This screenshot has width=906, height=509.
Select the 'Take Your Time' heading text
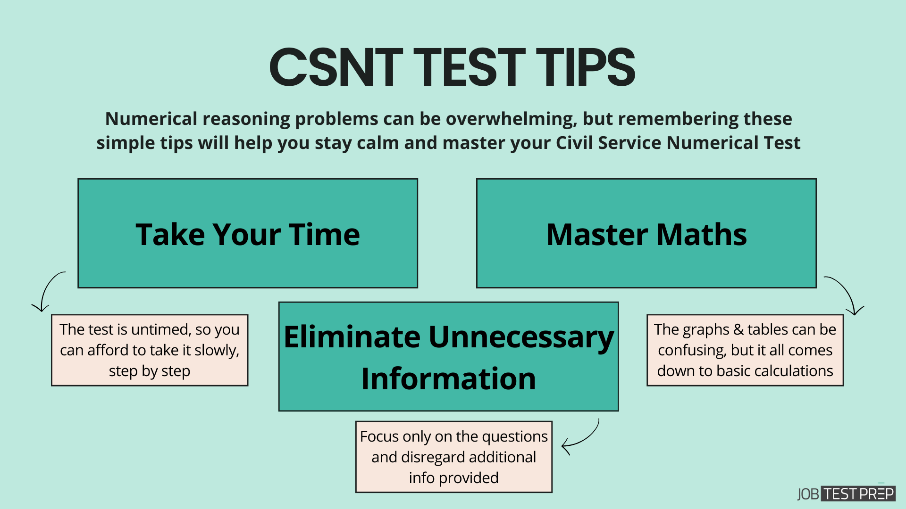(248, 234)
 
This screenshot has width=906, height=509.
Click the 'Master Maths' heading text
(646, 234)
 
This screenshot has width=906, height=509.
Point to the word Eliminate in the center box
(352, 337)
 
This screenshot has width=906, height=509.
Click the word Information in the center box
(448, 378)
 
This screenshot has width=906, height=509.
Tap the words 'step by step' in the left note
(150, 371)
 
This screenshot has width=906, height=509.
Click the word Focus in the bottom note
(379, 436)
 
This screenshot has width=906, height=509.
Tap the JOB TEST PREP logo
(846, 494)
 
